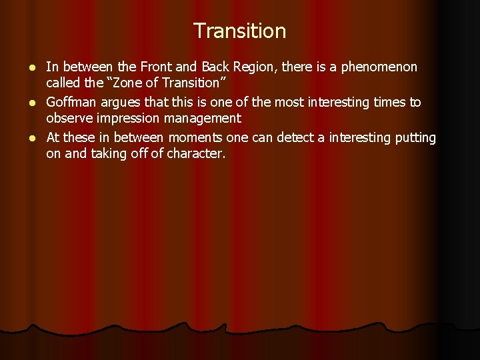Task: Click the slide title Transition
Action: (239, 31)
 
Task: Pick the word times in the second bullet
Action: (389, 102)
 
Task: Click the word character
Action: (198, 154)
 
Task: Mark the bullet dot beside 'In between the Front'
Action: (34, 67)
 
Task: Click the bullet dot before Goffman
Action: (34, 103)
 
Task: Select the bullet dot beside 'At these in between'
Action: (34, 138)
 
